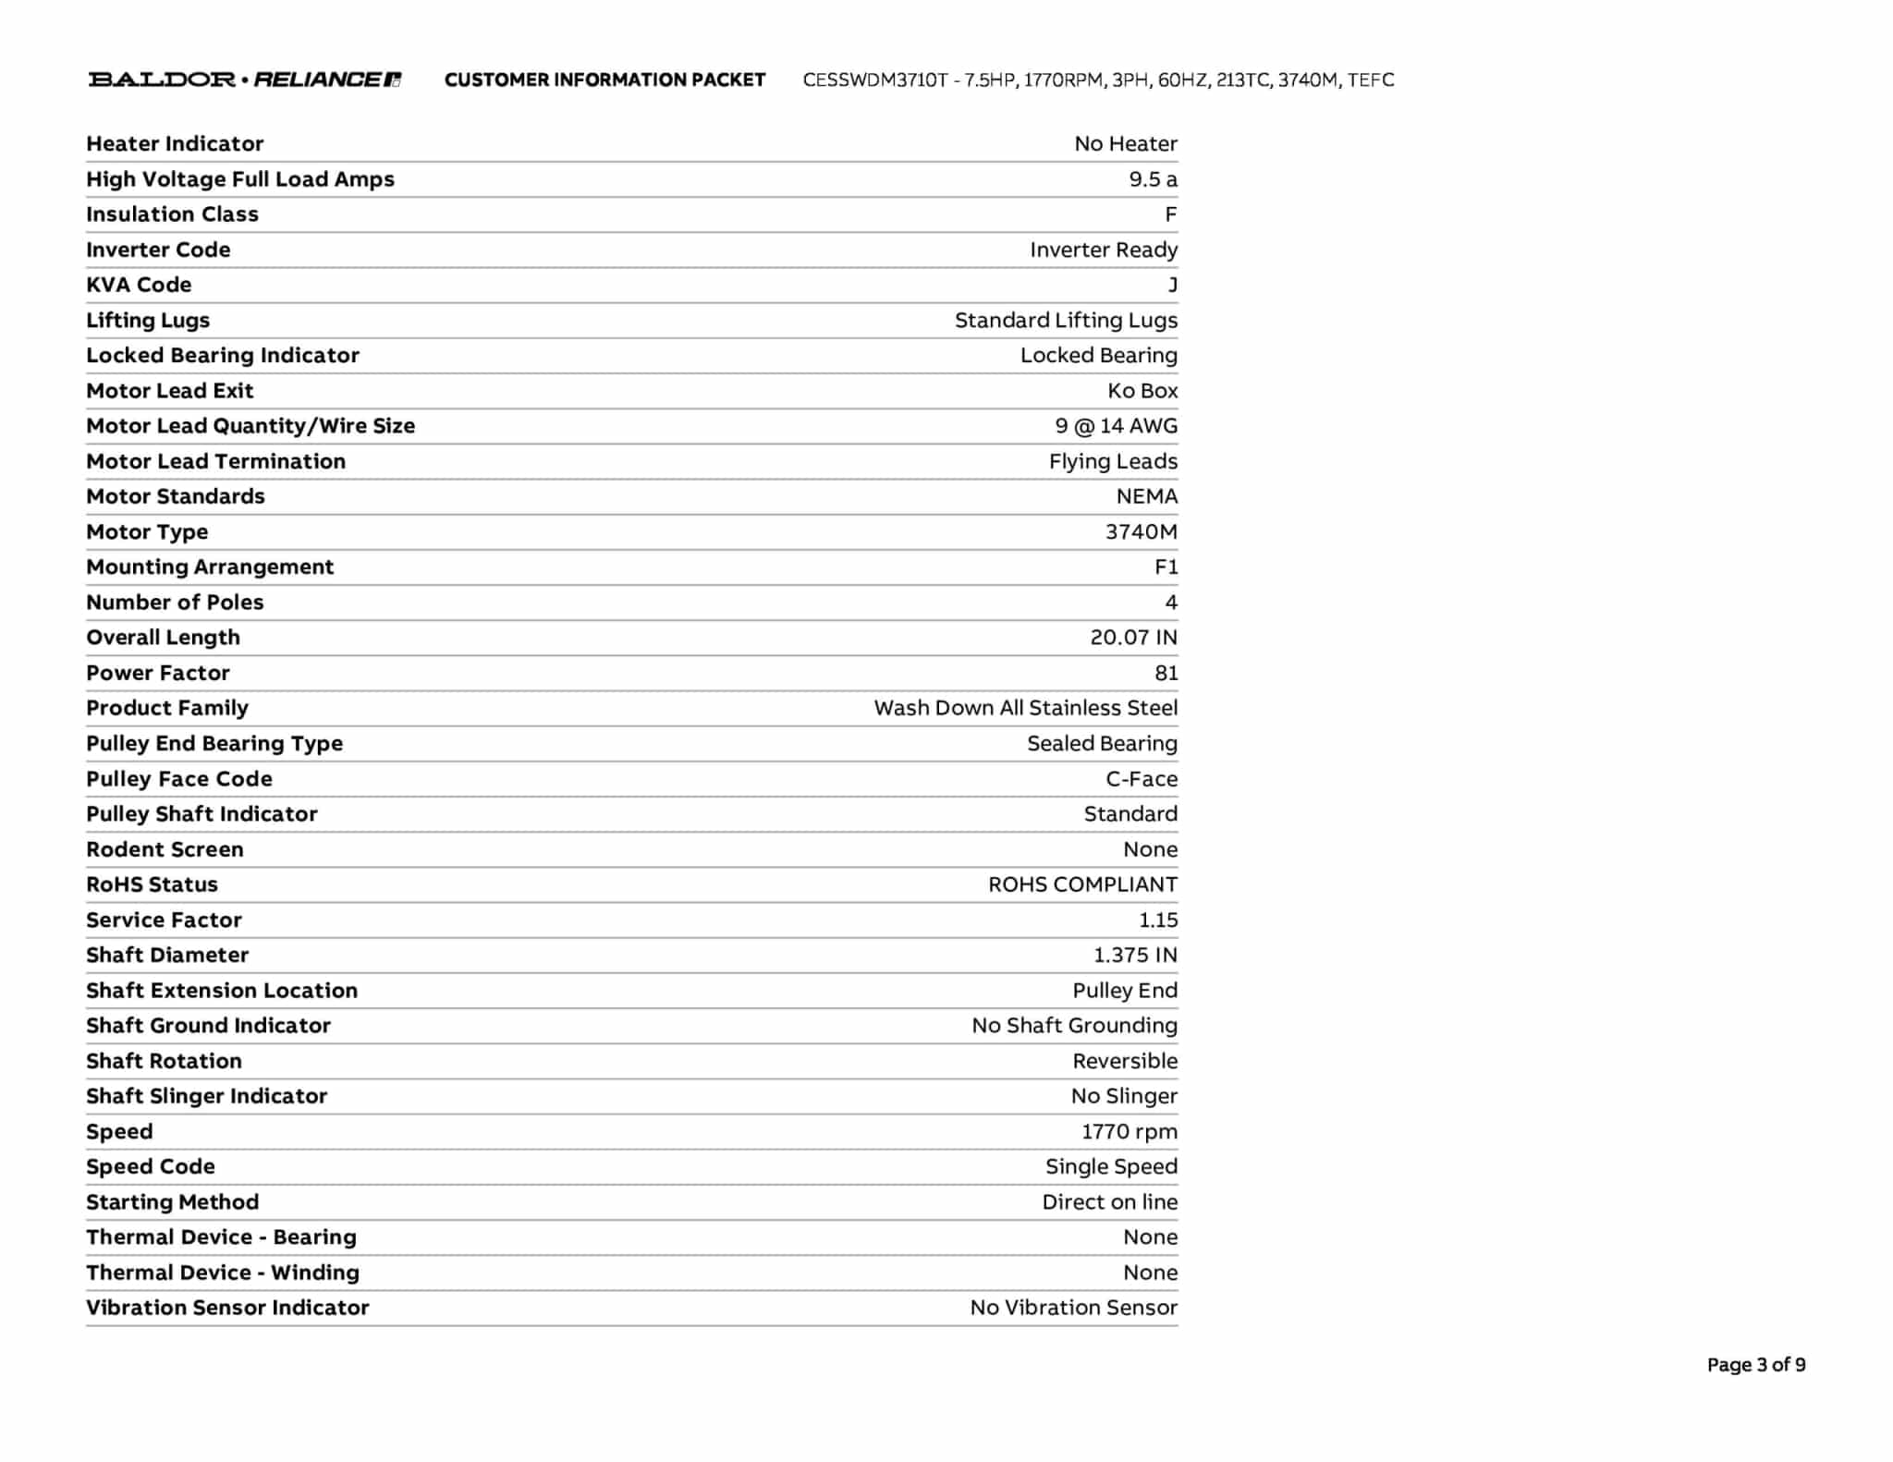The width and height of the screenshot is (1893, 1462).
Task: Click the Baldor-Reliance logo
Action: pyautogui.click(x=245, y=79)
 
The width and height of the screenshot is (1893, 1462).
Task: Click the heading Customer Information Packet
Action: pyautogui.click(x=605, y=80)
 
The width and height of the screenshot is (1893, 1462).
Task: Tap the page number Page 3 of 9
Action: pyautogui.click(x=1755, y=1365)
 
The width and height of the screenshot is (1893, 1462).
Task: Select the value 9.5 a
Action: pyautogui.click(x=1153, y=179)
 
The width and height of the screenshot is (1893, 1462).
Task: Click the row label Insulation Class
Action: pyautogui.click(x=172, y=214)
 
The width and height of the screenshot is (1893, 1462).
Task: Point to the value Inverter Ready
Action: pyautogui.click(x=1103, y=250)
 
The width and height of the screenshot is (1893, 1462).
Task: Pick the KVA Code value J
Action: pyautogui.click(x=1172, y=285)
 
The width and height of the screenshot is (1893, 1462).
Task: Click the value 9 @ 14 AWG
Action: pyautogui.click(x=1116, y=426)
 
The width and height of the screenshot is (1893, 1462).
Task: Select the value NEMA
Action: pyautogui.click(x=1146, y=496)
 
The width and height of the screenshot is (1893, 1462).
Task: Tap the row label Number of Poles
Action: pyautogui.click(x=175, y=603)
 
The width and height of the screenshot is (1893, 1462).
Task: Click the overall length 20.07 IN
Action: pyautogui.click(x=1133, y=638)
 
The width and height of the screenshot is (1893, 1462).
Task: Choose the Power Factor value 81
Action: pyautogui.click(x=1166, y=673)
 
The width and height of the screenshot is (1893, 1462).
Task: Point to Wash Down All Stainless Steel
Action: pyautogui.click(x=1025, y=708)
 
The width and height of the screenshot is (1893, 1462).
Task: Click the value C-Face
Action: pyautogui.click(x=1142, y=779)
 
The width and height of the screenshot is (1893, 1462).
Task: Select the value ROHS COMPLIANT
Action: pyautogui.click(x=1082, y=884)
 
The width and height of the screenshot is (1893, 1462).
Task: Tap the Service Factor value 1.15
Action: pyautogui.click(x=1158, y=920)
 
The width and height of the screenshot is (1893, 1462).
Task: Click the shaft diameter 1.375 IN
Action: pyautogui.click(x=1135, y=956)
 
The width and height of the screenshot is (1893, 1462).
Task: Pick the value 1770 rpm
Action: pyautogui.click(x=1129, y=1132)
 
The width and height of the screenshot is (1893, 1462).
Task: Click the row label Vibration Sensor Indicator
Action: pyautogui.click(x=227, y=1308)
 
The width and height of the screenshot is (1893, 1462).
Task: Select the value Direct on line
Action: pyautogui.click(x=1109, y=1202)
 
